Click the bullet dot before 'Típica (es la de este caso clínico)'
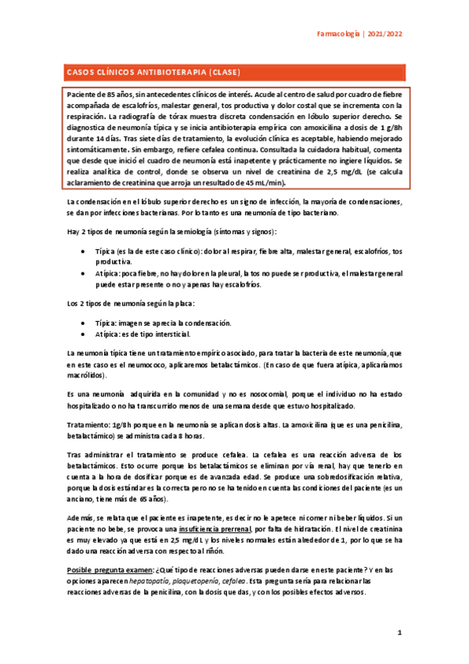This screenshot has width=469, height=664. tap(84, 252)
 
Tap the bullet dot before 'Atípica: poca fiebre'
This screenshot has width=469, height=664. tap(84, 274)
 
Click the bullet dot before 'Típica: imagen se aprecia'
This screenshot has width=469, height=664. tap(84, 323)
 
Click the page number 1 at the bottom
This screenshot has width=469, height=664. tap(399, 632)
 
